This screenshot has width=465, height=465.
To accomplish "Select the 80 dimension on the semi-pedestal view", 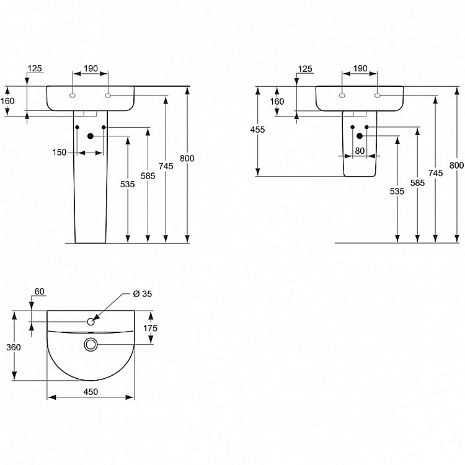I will pyautogui.click(x=359, y=149).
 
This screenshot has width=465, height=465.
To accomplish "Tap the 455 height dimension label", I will pyautogui.click(x=257, y=130).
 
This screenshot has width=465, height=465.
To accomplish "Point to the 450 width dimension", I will pyautogui.click(x=91, y=391).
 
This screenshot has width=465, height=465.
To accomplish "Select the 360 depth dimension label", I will pyautogui.click(x=13, y=347).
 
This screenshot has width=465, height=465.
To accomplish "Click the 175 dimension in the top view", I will pyautogui.click(x=151, y=328).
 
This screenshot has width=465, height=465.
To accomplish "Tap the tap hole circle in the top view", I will pyautogui.click(x=91, y=321).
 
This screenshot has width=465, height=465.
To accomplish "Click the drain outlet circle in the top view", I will pyautogui.click(x=91, y=344).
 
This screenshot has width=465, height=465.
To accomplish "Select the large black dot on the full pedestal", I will pyautogui.click(x=91, y=136).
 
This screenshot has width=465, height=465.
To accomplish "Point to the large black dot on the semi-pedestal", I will pyautogui.click(x=360, y=136).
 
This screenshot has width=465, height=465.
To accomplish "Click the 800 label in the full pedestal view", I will pyautogui.click(x=187, y=158).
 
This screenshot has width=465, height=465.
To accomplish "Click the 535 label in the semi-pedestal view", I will pyautogui.click(x=397, y=192).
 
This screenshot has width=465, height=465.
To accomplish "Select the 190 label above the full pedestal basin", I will pyautogui.click(x=91, y=68).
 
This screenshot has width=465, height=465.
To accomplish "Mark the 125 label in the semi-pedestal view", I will pyautogui.click(x=305, y=68).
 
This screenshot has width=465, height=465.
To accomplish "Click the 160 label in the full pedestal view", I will pyautogui.click(x=7, y=101).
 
